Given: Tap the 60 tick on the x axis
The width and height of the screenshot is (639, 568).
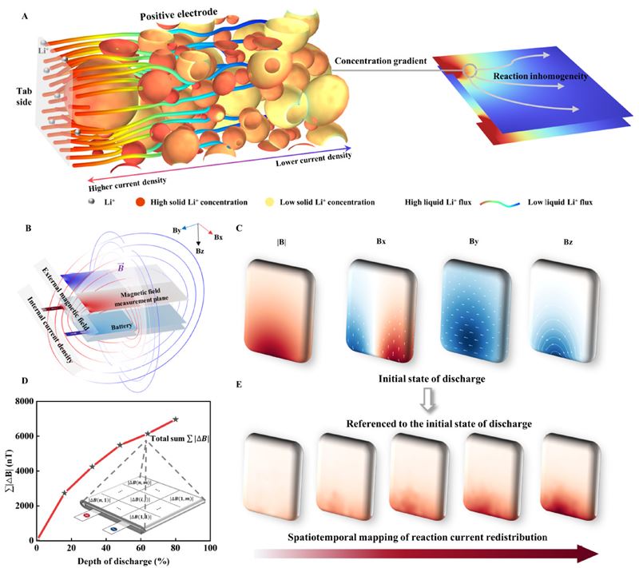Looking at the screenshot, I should point(140,549).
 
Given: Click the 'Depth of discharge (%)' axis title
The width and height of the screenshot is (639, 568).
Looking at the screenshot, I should point(121,562).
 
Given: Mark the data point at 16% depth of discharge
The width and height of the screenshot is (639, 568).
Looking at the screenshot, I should point(65,493).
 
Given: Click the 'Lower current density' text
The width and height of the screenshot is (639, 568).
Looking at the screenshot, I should point(311,161).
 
